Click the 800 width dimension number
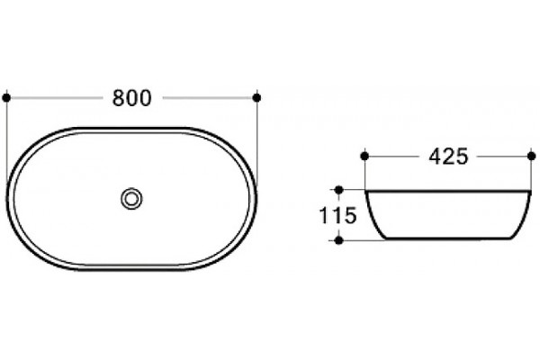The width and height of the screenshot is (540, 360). [x=132, y=98]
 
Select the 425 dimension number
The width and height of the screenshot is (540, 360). [x=448, y=157]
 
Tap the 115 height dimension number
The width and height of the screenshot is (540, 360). [x=337, y=216]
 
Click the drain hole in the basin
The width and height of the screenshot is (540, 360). [x=131, y=199]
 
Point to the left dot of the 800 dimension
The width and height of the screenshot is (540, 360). [x=6, y=98]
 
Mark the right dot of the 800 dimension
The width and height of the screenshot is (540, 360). [x=256, y=98]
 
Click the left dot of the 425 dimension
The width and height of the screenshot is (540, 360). [x=364, y=157]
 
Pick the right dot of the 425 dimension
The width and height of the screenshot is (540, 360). [x=531, y=157]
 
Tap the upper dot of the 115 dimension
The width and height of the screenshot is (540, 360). [x=339, y=190]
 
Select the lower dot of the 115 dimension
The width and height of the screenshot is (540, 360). [x=339, y=240]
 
